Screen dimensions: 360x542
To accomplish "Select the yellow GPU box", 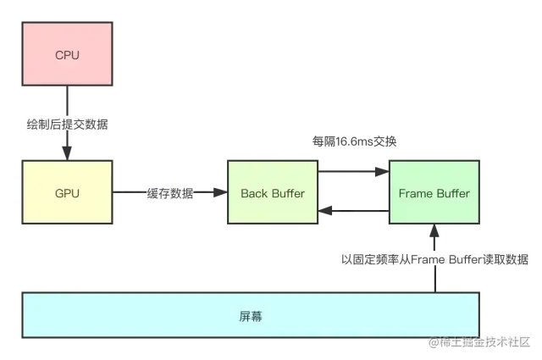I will (67, 193).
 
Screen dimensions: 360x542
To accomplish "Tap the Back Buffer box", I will (273, 193).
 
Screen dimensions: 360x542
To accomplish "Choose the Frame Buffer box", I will (434, 193).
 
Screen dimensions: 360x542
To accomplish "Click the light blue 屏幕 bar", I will (251, 316).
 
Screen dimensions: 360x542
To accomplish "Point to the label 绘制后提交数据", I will (67, 125).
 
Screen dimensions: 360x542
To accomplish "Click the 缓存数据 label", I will (170, 194).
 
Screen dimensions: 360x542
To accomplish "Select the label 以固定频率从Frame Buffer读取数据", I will (435, 260).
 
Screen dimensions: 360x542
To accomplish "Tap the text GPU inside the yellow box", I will (67, 193).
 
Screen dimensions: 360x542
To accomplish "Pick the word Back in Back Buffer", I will (254, 193).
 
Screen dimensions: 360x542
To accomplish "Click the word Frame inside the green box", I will (415, 193).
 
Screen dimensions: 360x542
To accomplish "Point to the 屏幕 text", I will (251, 316).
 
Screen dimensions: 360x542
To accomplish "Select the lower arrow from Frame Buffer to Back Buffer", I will (354, 212).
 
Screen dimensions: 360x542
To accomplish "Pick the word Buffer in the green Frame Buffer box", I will (452, 193).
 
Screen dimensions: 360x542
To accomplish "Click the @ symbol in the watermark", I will (433, 342).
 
